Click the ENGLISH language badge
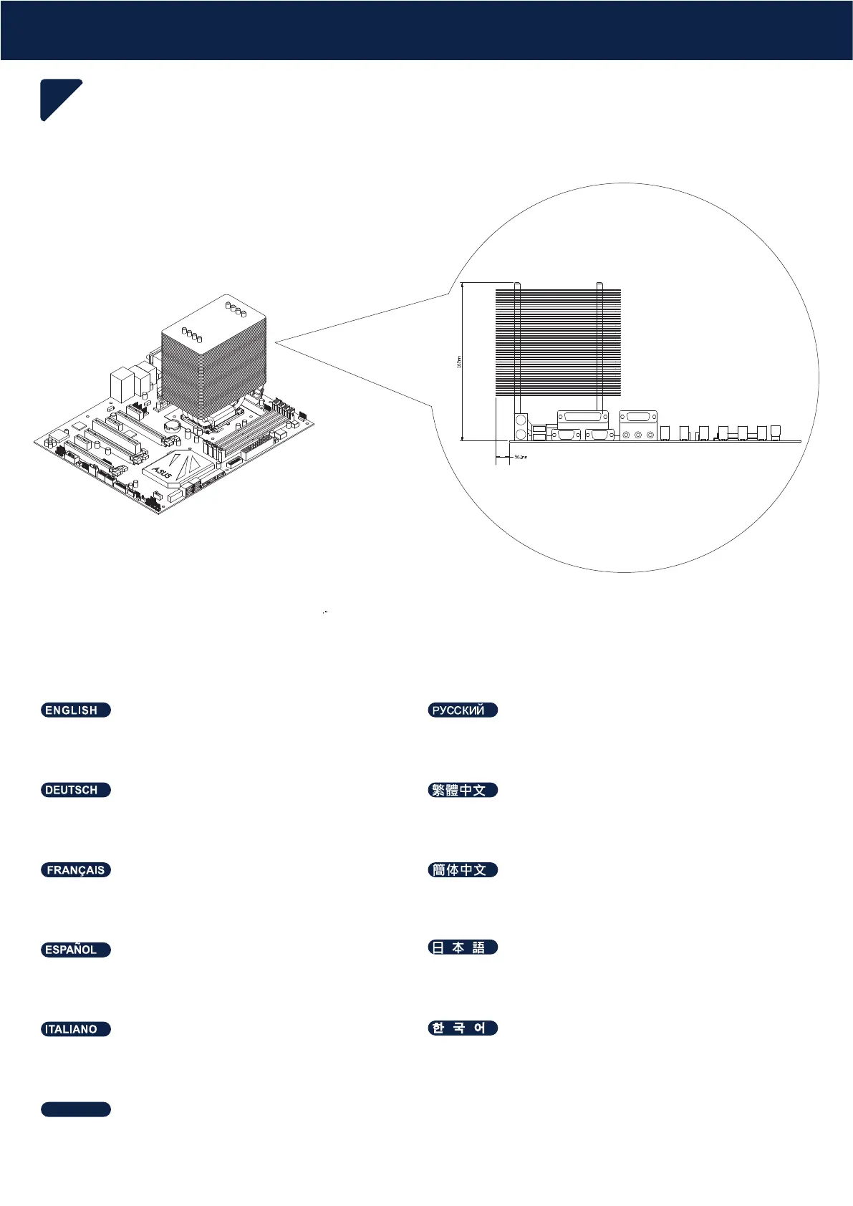[75, 710]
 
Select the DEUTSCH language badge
[75, 790]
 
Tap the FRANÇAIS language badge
[75, 870]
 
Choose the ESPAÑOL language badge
[75, 950]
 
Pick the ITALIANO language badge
[75, 1029]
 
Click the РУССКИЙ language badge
[462, 710]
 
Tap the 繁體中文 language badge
[462, 790]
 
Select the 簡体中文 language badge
[462, 870]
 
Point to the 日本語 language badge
[462, 947]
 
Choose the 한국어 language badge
[462, 1028]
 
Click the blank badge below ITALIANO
[75, 1109]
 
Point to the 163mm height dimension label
[459, 362]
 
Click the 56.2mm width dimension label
[521, 457]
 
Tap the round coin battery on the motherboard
[172, 423]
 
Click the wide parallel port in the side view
[582, 418]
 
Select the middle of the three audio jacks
[638, 435]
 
